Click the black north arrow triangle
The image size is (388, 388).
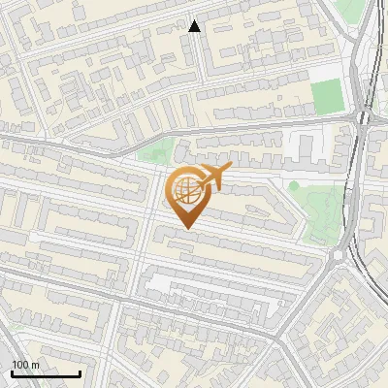pos(195,26)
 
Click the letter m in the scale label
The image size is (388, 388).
pos(35,365)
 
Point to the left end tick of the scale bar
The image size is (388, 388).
pos(12,372)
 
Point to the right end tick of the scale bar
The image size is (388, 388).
pos(80,372)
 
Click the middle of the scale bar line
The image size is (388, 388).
pos(46,373)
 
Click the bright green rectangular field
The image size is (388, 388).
pos(328,95)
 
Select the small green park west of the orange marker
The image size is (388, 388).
pos(153,152)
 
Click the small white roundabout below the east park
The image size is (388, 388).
pos(338,255)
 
